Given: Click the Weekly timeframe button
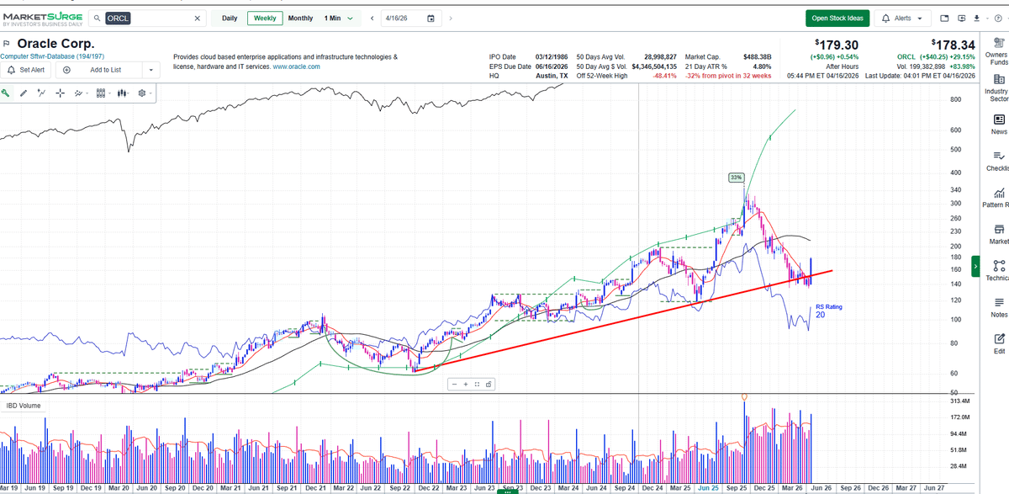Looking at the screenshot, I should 265,19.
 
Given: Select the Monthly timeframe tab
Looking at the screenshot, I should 300,19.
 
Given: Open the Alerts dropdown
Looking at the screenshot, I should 903,19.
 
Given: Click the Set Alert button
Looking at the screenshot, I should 26,70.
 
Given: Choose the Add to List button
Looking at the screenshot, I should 105,70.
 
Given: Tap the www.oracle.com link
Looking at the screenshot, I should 296,66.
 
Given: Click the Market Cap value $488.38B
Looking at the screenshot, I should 757,56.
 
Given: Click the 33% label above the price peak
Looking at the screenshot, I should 736,178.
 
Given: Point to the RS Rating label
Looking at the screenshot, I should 828,307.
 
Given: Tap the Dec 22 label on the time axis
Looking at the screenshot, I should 428,487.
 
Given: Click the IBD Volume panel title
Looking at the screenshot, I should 24,406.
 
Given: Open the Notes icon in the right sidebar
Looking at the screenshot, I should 999,306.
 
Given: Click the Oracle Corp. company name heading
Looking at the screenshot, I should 55,44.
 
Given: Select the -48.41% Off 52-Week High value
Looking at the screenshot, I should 658,76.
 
